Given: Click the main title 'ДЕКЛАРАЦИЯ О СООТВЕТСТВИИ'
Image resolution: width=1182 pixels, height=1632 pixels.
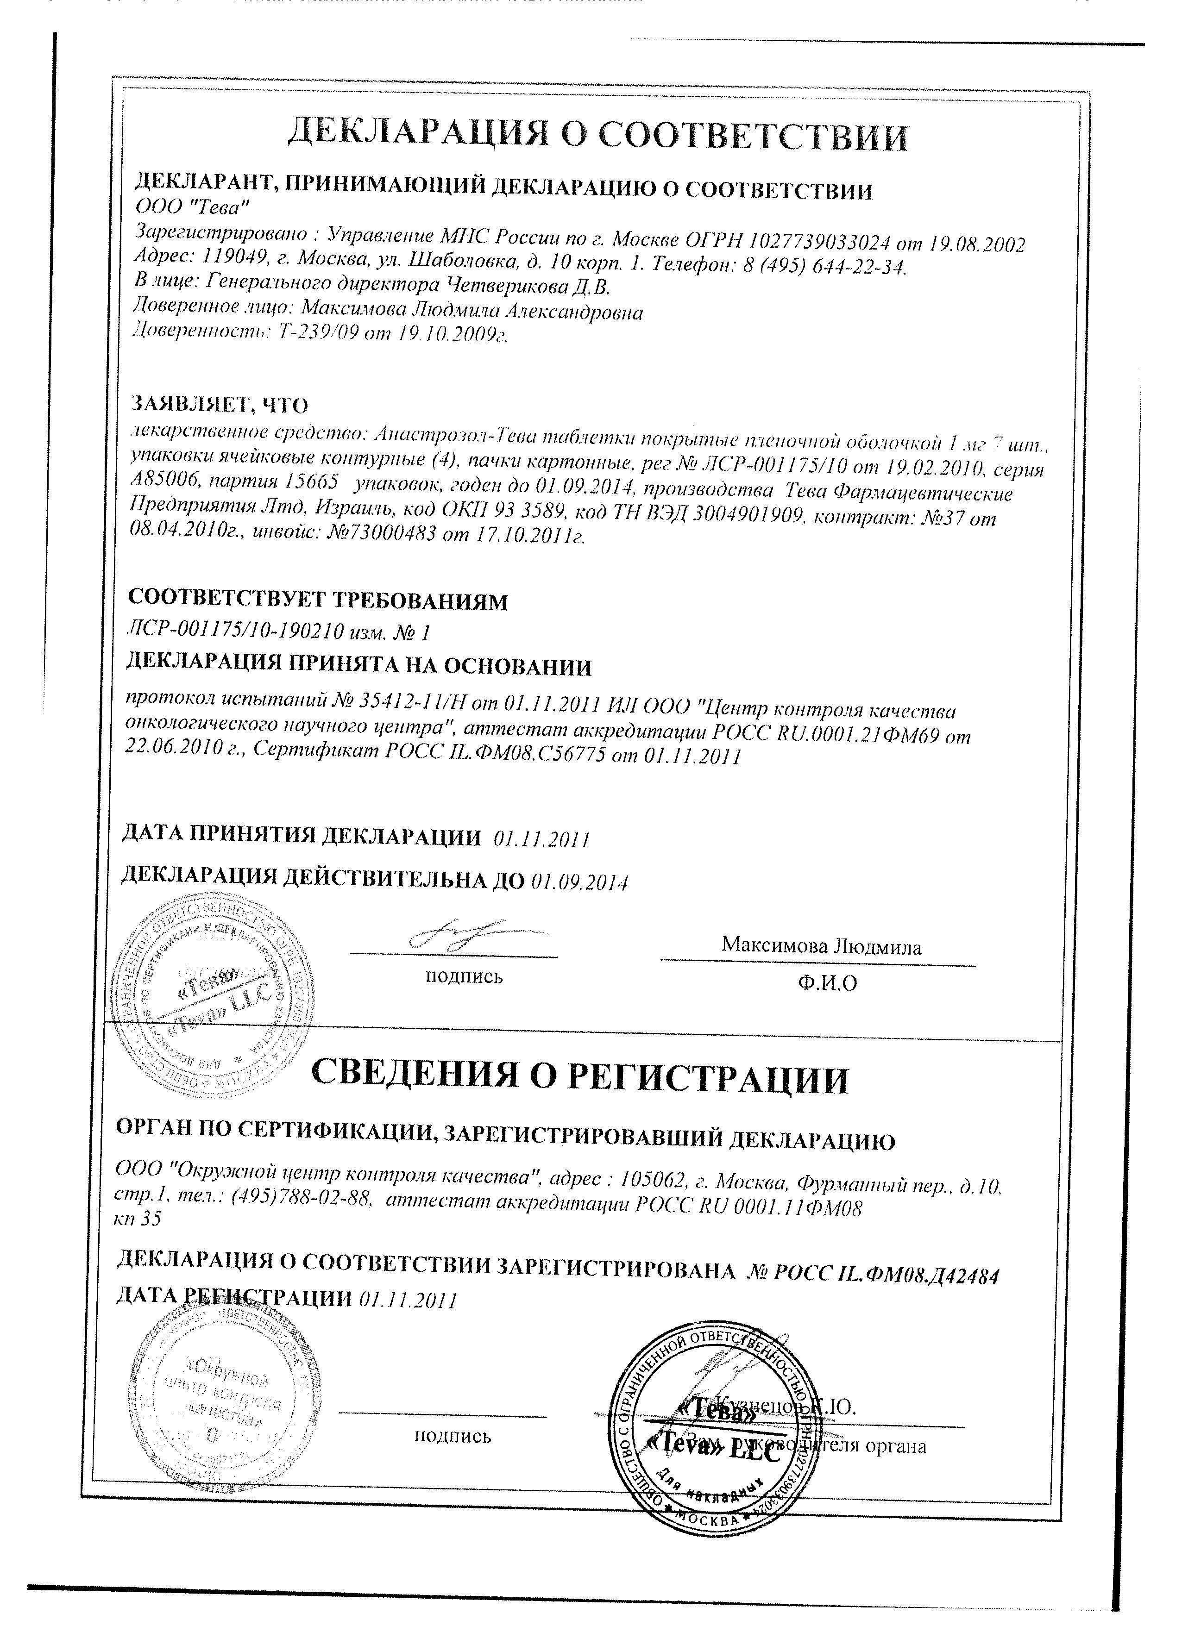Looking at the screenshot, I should click(597, 135).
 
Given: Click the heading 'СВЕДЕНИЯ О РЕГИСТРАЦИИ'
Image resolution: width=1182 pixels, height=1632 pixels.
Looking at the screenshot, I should click(579, 1077).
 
